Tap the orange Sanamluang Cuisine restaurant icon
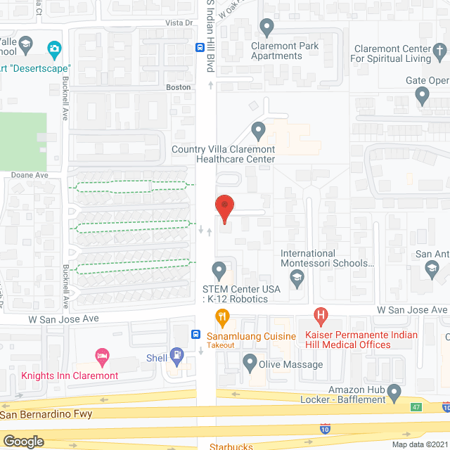point(222,317)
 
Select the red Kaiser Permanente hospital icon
point(321,317)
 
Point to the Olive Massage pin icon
point(249,364)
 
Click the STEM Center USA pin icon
point(219,269)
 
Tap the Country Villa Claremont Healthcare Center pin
point(258,131)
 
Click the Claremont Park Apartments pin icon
point(266,28)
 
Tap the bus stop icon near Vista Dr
point(200,47)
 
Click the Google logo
point(22,441)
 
